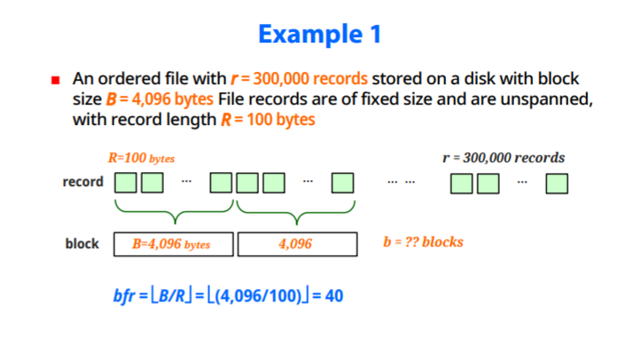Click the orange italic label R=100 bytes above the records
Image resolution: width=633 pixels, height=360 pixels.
(141, 159)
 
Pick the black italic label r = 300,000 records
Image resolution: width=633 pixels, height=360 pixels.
(503, 158)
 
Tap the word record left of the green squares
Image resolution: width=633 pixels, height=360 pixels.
(82, 183)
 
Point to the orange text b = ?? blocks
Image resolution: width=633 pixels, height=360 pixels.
(423, 242)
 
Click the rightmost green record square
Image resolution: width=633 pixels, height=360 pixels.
(557, 184)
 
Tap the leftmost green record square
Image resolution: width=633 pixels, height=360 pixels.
(126, 184)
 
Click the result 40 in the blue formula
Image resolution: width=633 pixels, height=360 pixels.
(334, 295)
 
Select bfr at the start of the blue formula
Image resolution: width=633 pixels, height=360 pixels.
(124, 295)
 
